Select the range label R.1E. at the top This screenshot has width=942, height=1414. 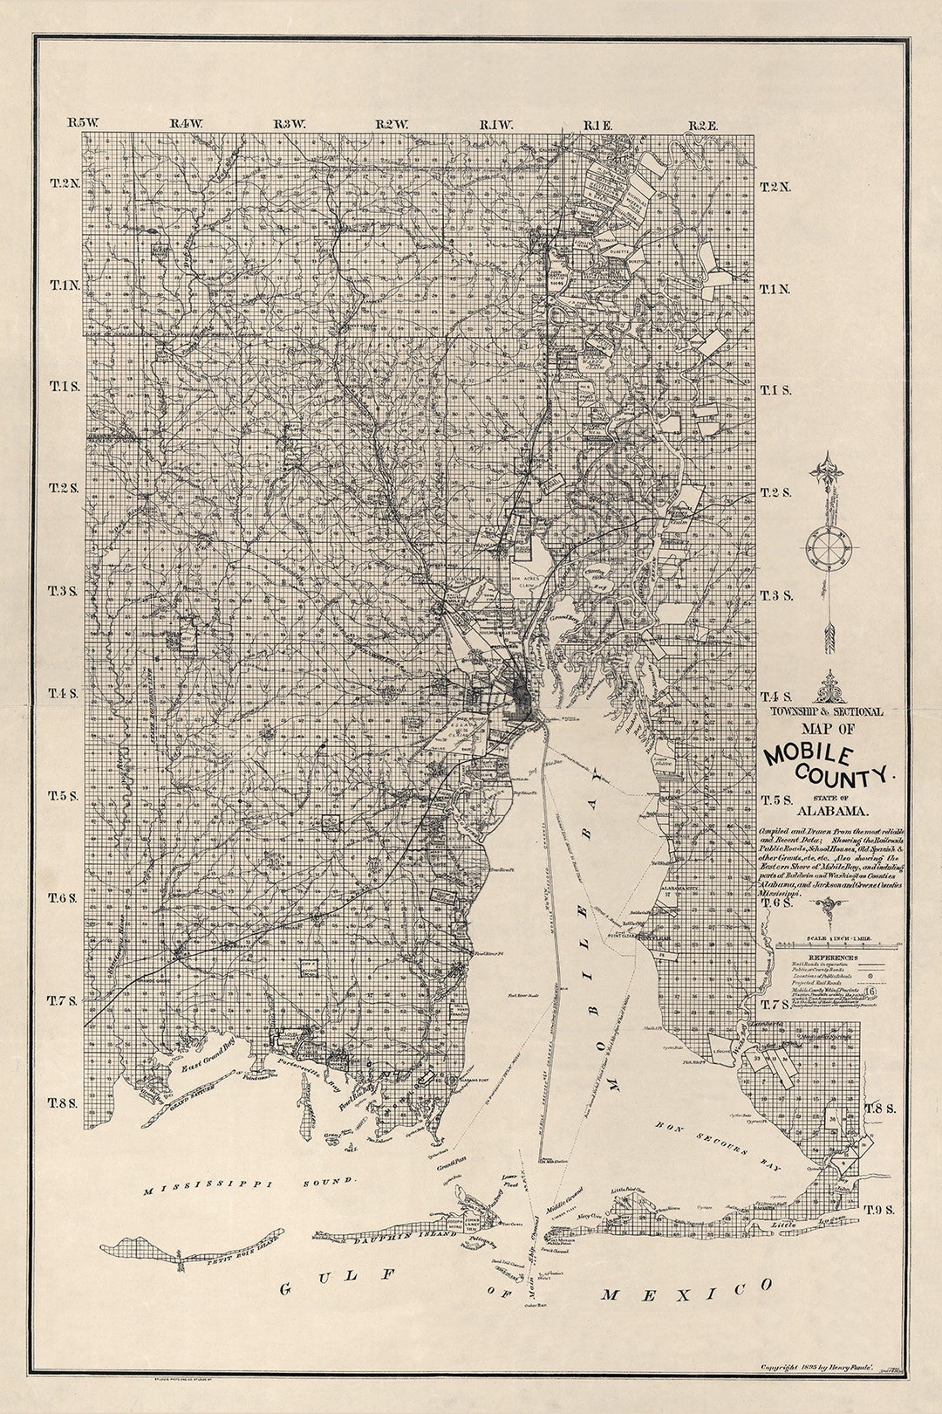pyautogui.click(x=598, y=126)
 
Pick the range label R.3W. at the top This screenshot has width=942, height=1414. pyautogui.click(x=289, y=125)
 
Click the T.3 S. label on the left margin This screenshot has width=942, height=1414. pyautogui.click(x=63, y=591)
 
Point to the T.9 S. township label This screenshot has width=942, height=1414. pyautogui.click(x=879, y=1209)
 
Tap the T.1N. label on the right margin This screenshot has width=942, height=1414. pyautogui.click(x=775, y=289)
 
